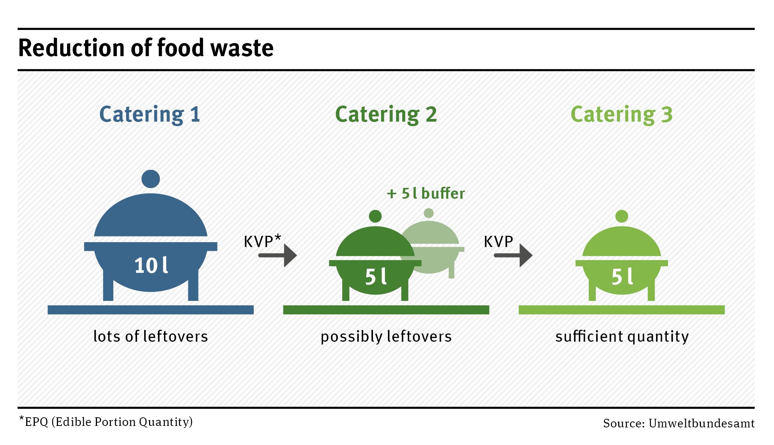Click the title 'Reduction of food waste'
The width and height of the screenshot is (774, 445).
[x=146, y=48]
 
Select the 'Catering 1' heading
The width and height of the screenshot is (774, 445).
[x=150, y=114]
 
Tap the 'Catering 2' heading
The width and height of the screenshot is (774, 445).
[x=386, y=114]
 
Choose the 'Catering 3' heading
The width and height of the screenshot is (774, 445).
[x=622, y=114]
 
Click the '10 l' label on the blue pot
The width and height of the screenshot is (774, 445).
[x=151, y=266]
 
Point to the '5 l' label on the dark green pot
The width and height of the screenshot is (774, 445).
[x=376, y=277]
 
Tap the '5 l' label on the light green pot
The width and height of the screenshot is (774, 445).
[x=622, y=277]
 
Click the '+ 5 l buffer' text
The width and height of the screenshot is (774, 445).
[x=426, y=193]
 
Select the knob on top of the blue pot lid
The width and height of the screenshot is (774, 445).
[x=151, y=179]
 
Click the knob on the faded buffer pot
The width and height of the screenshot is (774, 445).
[x=429, y=213]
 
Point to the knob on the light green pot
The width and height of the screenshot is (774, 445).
[x=622, y=216]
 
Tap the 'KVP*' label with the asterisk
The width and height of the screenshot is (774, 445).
[x=262, y=241]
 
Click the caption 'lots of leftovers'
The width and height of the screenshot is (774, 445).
[x=151, y=336]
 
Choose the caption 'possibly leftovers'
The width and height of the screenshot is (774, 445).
[x=386, y=336]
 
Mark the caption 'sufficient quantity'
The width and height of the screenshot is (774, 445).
[x=622, y=336]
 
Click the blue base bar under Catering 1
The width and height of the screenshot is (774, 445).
[x=151, y=310]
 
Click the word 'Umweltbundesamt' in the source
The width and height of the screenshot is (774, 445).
[x=701, y=423]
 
